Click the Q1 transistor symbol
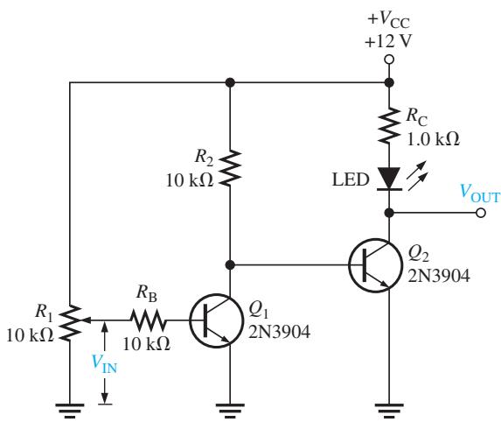pyautogui.click(x=216, y=320)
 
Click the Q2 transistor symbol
pyautogui.click(x=375, y=265)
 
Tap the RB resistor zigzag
pyautogui.click(x=149, y=320)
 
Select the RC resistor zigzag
pyautogui.click(x=389, y=125)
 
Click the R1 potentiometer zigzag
pyautogui.click(x=70, y=322)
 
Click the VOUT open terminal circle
pyautogui.click(x=481, y=213)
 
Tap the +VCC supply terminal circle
pyautogui.click(x=389, y=60)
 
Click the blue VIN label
pyautogui.click(x=104, y=363)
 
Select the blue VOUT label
pyautogui.click(x=480, y=193)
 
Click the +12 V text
pyautogui.click(x=388, y=41)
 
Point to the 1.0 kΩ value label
pyautogui.click(x=433, y=139)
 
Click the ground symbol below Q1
pyautogui.click(x=230, y=411)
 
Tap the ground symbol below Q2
pyautogui.click(x=389, y=411)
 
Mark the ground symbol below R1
pyautogui.click(x=70, y=411)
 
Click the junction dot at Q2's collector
pyautogui.click(x=389, y=213)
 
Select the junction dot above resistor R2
pyautogui.click(x=230, y=82)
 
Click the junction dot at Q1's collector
pyautogui.click(x=230, y=265)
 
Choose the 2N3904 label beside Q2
pyautogui.click(x=439, y=276)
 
